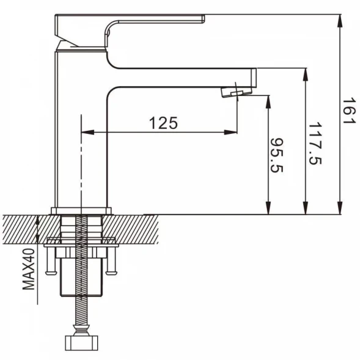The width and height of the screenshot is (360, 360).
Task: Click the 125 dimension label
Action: coord(163,123)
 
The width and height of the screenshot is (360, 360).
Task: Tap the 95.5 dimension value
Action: coord(277,155)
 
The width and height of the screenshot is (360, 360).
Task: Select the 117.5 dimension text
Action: coord(315,144)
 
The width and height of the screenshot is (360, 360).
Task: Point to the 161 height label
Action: coord(349,111)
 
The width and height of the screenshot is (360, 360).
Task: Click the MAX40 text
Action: coord(29,269)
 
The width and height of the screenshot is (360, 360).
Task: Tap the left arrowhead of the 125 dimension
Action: coord(87,132)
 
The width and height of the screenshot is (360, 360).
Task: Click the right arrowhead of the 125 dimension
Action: coord(231,132)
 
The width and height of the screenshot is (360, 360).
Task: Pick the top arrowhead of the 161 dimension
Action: coord(340,21)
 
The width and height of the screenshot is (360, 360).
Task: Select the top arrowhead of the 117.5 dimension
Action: coord(305,75)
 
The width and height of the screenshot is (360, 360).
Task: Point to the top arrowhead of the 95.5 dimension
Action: coord(268,101)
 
